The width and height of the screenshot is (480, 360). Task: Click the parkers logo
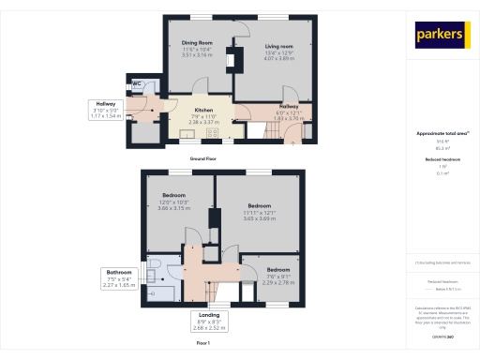point(441,34)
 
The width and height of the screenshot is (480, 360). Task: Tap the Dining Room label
point(198,42)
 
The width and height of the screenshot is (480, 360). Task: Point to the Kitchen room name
point(204,110)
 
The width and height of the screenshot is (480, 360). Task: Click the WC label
point(137,83)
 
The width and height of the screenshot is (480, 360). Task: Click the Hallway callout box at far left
point(105,109)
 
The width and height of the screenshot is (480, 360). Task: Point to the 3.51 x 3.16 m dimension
point(198,55)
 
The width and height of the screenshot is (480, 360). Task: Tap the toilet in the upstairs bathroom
point(154,265)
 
